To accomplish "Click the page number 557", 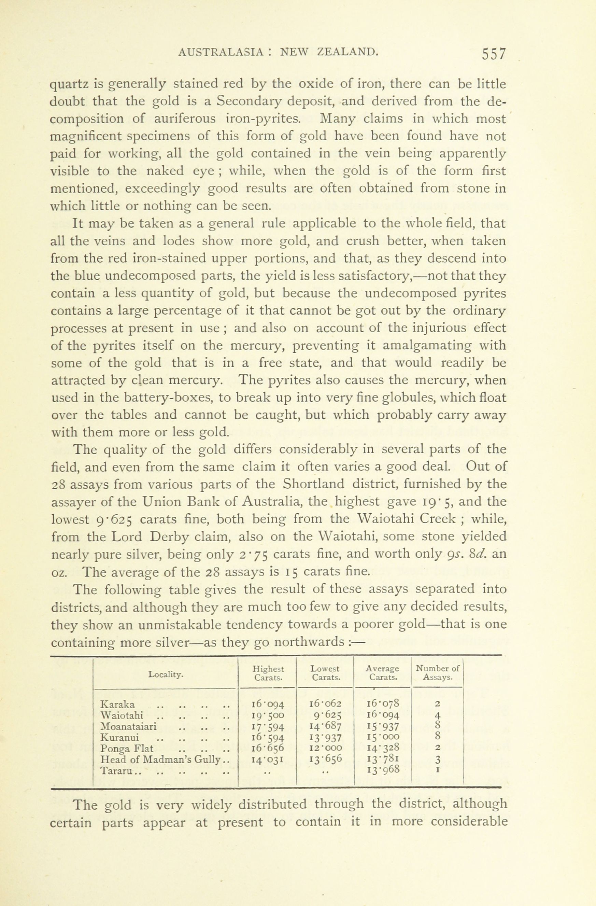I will pyautogui.click(x=494, y=54).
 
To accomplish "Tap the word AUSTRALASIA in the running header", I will pyautogui.click(x=221, y=52).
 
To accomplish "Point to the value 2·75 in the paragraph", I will pyautogui.click(x=253, y=554).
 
